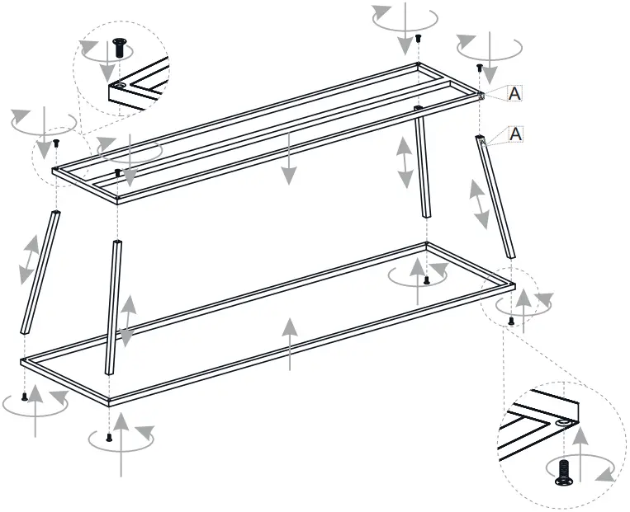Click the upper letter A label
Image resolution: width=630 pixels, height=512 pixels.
(515, 94)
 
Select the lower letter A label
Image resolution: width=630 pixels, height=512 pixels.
(515, 134)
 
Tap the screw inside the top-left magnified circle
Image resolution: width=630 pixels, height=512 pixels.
(119, 49)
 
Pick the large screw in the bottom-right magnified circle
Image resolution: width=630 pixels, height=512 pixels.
(565, 472)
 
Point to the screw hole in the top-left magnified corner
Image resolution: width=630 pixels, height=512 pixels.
(120, 85)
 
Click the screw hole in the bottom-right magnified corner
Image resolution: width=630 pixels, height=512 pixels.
(563, 422)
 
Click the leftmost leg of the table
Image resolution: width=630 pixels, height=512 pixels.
(40, 272)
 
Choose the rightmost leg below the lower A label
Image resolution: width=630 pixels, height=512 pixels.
(497, 198)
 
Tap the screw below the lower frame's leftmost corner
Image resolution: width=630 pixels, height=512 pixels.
(25, 396)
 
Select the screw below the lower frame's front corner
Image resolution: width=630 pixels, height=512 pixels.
(109, 437)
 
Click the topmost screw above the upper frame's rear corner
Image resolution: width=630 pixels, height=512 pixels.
(419, 38)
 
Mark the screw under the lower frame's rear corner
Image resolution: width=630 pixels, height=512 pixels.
(426, 280)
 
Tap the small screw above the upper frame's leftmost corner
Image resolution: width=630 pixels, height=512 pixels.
(56, 143)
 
